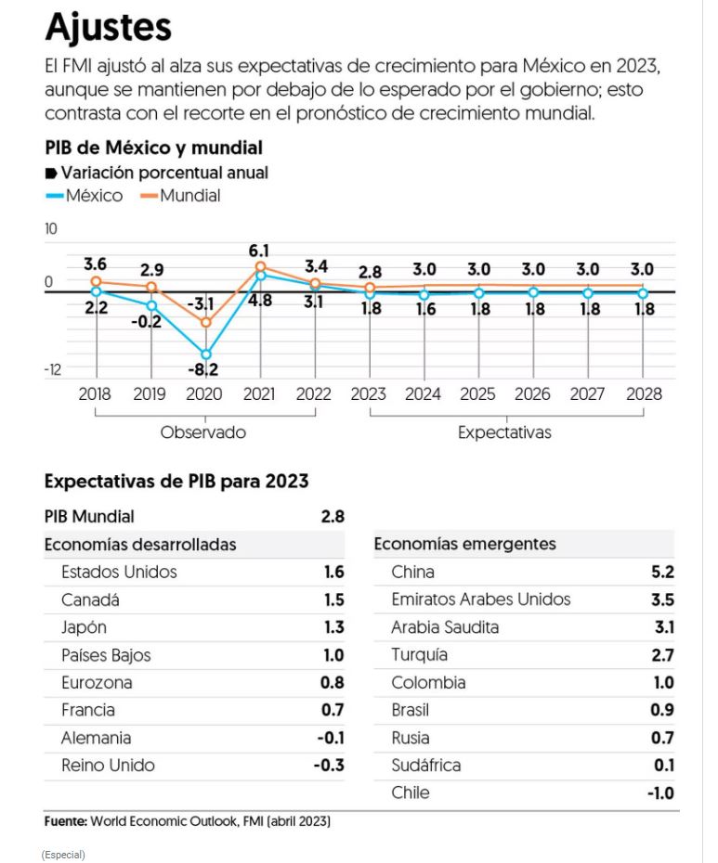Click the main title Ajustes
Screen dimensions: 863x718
[108, 28]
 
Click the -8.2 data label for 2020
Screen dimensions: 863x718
[204, 371]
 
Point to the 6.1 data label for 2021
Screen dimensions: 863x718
[259, 251]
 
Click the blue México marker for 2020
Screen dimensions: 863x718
[205, 354]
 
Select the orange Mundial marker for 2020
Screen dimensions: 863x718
[205, 322]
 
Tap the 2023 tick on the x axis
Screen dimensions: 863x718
[368, 394]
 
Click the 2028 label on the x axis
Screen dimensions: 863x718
[643, 394]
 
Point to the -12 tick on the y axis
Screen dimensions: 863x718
[52, 368]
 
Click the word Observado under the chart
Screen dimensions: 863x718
[203, 432]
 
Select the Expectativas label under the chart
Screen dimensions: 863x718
[504, 432]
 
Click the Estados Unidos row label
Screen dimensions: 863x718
[119, 573]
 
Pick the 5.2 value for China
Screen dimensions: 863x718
[663, 573]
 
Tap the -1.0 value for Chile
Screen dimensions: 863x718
[660, 793]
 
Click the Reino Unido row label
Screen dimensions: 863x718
[108, 766]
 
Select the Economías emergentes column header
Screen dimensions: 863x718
[464, 545]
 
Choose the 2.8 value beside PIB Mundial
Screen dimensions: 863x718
[333, 517]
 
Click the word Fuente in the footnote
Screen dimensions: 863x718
[65, 822]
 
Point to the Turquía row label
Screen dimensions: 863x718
[420, 655]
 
